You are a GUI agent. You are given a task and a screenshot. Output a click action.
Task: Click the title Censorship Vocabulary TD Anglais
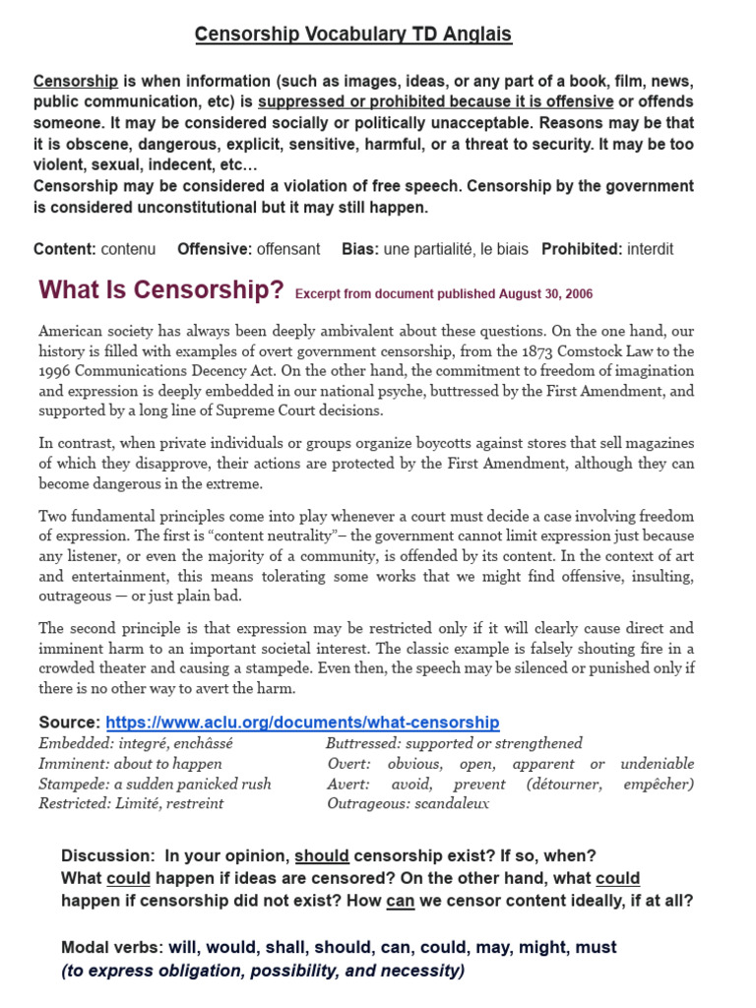click(352, 34)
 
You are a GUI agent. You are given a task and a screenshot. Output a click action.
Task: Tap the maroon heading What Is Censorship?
click(160, 290)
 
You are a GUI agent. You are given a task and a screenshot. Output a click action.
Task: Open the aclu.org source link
click(302, 723)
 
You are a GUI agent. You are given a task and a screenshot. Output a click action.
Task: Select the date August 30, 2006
click(546, 294)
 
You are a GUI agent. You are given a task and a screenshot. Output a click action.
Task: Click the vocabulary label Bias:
click(360, 249)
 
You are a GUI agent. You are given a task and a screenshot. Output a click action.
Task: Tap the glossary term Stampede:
click(73, 784)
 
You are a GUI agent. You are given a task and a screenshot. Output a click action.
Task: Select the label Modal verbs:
click(112, 947)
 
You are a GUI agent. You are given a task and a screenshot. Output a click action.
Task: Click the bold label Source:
click(69, 723)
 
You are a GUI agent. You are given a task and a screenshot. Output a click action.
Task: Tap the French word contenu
click(128, 249)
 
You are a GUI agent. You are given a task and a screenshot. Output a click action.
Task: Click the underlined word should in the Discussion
click(321, 855)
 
